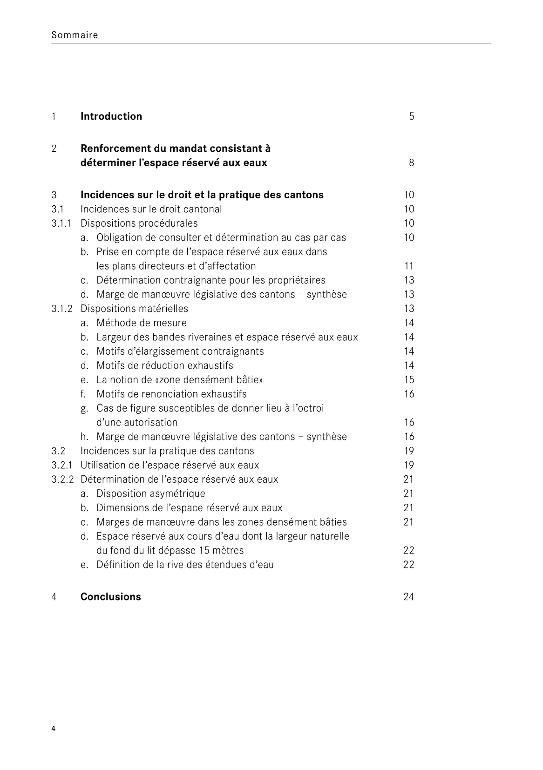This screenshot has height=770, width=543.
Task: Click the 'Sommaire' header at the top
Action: pyautogui.click(x=75, y=35)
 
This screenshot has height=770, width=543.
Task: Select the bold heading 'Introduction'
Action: pyautogui.click(x=111, y=116)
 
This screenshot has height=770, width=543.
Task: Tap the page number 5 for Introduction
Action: pyautogui.click(x=411, y=116)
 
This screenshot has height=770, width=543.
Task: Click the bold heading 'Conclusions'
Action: pyautogui.click(x=110, y=597)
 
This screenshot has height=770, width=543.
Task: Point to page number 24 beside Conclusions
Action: pyautogui.click(x=408, y=597)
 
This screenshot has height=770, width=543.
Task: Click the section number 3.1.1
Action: pyautogui.click(x=61, y=223)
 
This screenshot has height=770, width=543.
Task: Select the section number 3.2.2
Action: pyautogui.click(x=62, y=480)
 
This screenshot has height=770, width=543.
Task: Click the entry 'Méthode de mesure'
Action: pyautogui.click(x=141, y=323)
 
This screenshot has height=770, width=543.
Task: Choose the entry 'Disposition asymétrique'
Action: pyautogui.click(x=150, y=493)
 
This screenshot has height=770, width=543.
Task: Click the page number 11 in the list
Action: pyautogui.click(x=409, y=266)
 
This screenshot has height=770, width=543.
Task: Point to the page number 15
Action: pyautogui.click(x=408, y=380)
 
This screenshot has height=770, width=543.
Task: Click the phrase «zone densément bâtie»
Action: pyautogui.click(x=209, y=380)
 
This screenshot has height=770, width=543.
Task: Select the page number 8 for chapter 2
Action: pyautogui.click(x=411, y=163)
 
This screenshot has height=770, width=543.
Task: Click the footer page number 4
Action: pyautogui.click(x=54, y=729)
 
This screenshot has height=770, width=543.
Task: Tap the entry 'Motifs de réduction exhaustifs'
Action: pyautogui.click(x=164, y=365)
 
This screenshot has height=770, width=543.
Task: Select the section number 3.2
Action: pyautogui.click(x=58, y=451)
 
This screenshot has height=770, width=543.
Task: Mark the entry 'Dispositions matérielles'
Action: pyautogui.click(x=134, y=309)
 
